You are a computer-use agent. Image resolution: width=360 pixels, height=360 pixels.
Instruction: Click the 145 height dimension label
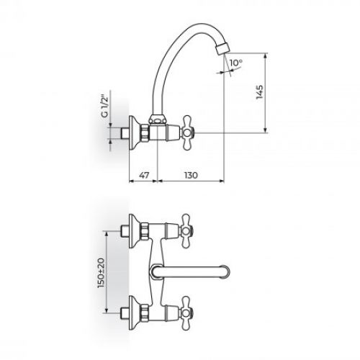261,92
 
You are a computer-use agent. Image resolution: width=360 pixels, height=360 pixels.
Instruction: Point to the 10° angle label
236,63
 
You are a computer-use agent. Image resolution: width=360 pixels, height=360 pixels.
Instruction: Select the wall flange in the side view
132,132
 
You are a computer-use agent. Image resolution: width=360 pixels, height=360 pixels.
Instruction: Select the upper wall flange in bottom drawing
132,231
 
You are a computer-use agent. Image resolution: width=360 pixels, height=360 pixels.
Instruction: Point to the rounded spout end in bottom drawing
228,271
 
